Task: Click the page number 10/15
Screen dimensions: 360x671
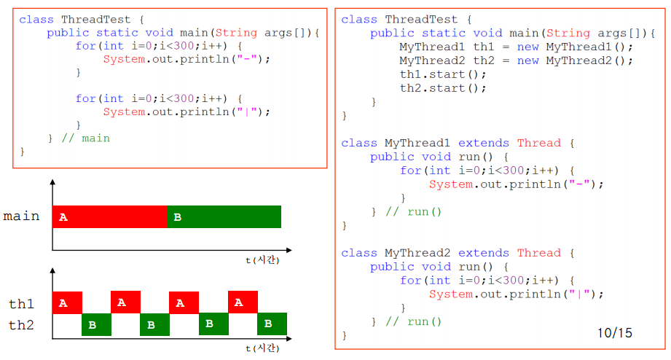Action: coord(615,333)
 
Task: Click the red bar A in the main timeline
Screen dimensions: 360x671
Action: coord(109,217)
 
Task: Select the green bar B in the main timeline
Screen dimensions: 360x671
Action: coord(224,217)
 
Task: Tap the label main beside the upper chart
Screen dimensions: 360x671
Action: coord(21,216)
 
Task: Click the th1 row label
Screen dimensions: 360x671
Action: coord(21,304)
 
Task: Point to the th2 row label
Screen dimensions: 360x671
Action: coord(21,325)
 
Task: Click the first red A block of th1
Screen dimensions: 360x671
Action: coord(67,302)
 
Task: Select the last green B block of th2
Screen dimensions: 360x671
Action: coord(272,324)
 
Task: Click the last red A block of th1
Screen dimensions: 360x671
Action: coord(243,302)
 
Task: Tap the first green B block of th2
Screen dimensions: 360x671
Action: coord(95,324)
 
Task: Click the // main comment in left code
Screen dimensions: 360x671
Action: coord(85,138)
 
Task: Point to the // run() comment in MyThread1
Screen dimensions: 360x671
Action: coord(413,212)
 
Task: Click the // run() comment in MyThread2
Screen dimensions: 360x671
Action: coord(413,321)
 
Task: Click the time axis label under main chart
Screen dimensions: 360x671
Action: coord(262,259)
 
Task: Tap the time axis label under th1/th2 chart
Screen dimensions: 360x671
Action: coord(262,347)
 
